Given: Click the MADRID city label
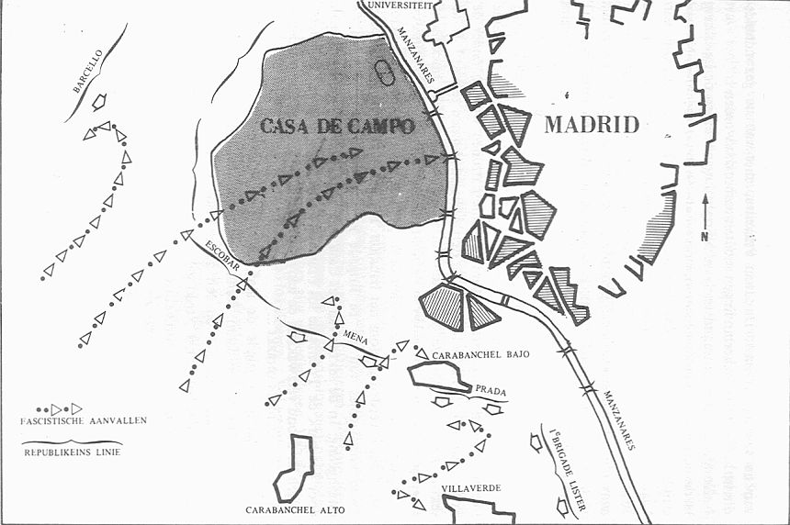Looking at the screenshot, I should tap(592, 125).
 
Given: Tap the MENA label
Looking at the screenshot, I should tap(355, 339).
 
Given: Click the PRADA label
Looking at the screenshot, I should tap(488, 388).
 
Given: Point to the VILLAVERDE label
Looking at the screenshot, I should tap(470, 487).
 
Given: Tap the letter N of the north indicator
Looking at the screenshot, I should tap(704, 236).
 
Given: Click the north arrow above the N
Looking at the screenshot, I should tap(704, 209).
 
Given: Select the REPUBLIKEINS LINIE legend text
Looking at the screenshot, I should tap(73, 452).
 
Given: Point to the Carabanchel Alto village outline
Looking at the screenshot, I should tap(294, 468).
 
